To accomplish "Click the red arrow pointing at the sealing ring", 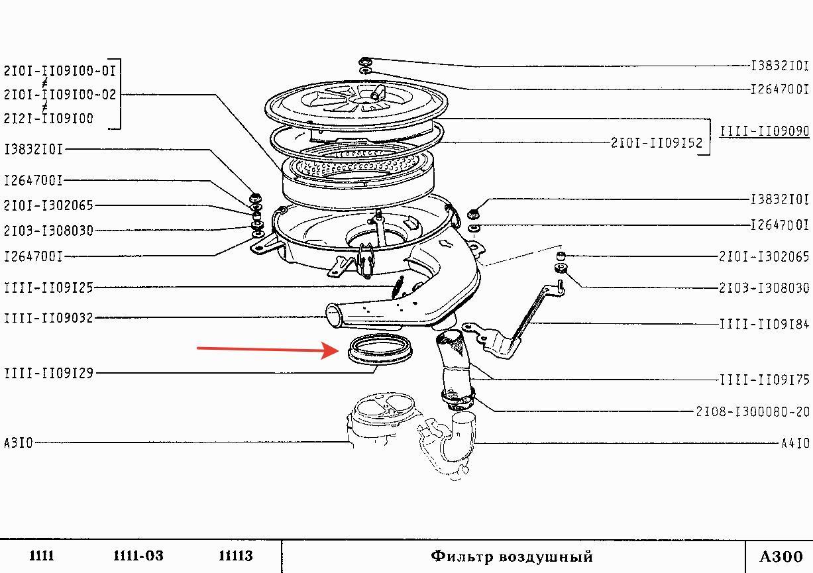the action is pyautogui.click(x=268, y=350).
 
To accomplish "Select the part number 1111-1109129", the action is pyautogui.click(x=48, y=373).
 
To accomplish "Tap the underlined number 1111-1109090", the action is pyautogui.click(x=765, y=131).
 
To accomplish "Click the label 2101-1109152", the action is pyautogui.click(x=657, y=143).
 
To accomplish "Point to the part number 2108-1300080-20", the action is pyautogui.click(x=753, y=412).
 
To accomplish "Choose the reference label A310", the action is pyautogui.click(x=18, y=443).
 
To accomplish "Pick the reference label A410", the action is pyautogui.click(x=795, y=443).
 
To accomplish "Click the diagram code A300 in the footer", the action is pyautogui.click(x=781, y=556).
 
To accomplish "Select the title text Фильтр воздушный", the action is pyautogui.click(x=512, y=556).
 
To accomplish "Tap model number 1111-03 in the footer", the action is pyautogui.click(x=138, y=556).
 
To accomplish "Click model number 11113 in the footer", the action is pyautogui.click(x=236, y=556).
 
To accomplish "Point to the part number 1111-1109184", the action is pyautogui.click(x=765, y=324).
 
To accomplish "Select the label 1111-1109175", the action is pyautogui.click(x=765, y=380).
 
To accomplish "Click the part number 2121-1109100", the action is pyautogui.click(x=48, y=119).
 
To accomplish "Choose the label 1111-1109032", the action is pyautogui.click(x=48, y=318).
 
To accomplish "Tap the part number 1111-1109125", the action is pyautogui.click(x=48, y=287).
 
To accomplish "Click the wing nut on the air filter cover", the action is pyautogui.click(x=378, y=93).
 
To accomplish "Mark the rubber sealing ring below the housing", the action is pyautogui.click(x=380, y=360).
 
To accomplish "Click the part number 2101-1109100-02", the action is pyautogui.click(x=60, y=94).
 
